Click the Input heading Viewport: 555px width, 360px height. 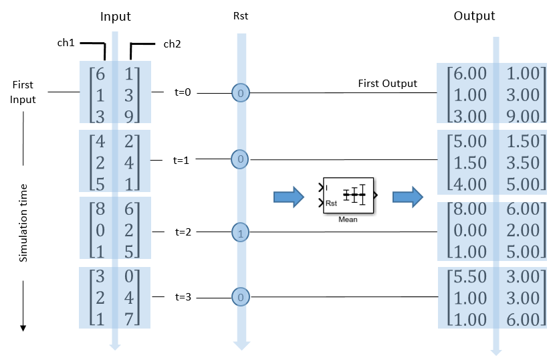pyautogui.click(x=115, y=16)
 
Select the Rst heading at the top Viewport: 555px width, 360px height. pyautogui.click(x=240, y=16)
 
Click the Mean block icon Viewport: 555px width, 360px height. pyautogui.click(x=348, y=195)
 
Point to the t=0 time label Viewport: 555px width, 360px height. pyautogui.click(x=182, y=93)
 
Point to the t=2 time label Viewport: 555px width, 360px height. pyautogui.click(x=182, y=232)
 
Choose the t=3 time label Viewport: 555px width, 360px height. pyautogui.click(x=182, y=296)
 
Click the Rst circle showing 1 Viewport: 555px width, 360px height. pyautogui.click(x=240, y=233)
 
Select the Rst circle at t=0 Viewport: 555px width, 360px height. pyautogui.click(x=240, y=93)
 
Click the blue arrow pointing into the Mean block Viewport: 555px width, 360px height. pyautogui.click(x=288, y=196)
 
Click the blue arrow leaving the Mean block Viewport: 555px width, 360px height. pyautogui.click(x=407, y=196)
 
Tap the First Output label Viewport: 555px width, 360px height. pyautogui.click(x=387, y=84)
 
